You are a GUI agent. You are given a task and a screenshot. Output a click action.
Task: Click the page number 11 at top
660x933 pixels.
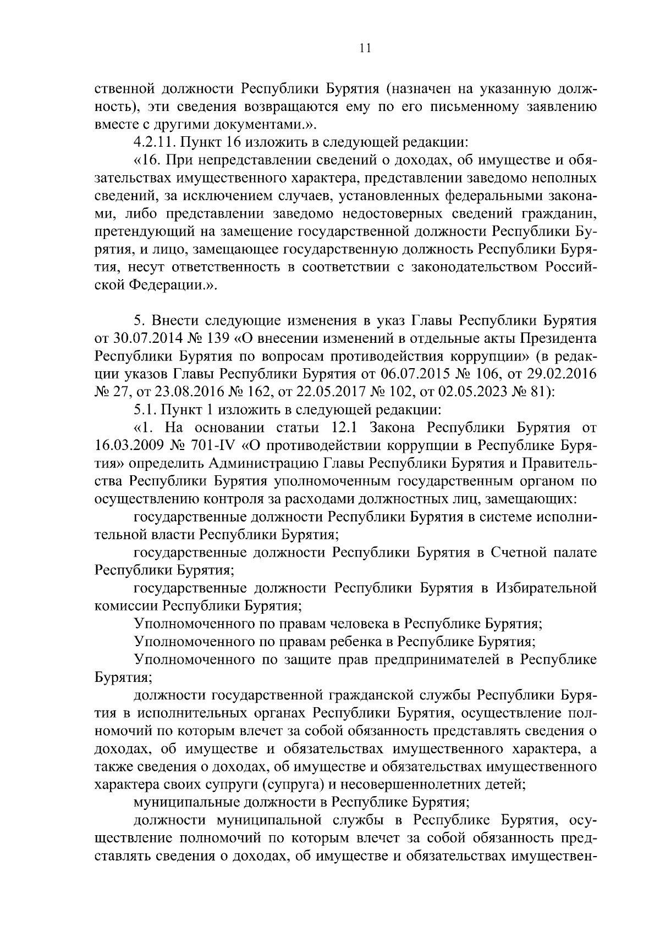[365, 48]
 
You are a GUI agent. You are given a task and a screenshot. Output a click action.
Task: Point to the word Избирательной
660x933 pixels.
[547, 588]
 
